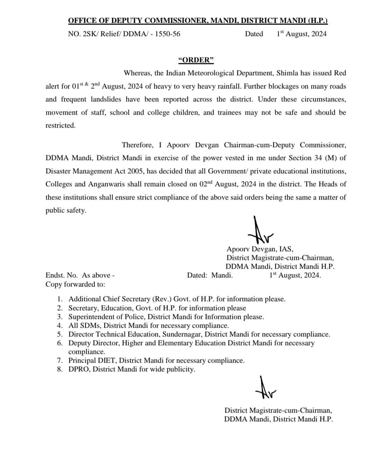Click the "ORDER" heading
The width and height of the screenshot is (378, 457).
(x=196, y=60)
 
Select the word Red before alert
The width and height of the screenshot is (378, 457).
(x=339, y=73)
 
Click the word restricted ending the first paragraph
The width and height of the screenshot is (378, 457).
(x=60, y=125)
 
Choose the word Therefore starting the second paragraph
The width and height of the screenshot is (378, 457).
(x=137, y=145)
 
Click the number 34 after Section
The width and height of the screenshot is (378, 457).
(x=318, y=158)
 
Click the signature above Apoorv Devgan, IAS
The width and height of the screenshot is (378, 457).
(x=260, y=231)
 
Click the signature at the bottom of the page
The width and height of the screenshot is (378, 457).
(x=265, y=388)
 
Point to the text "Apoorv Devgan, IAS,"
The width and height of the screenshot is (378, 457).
(x=260, y=249)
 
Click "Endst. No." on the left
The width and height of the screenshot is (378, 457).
(x=62, y=275)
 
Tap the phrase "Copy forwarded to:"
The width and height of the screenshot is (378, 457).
(x=75, y=284)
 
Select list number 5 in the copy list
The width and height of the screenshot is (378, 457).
(x=60, y=334)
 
